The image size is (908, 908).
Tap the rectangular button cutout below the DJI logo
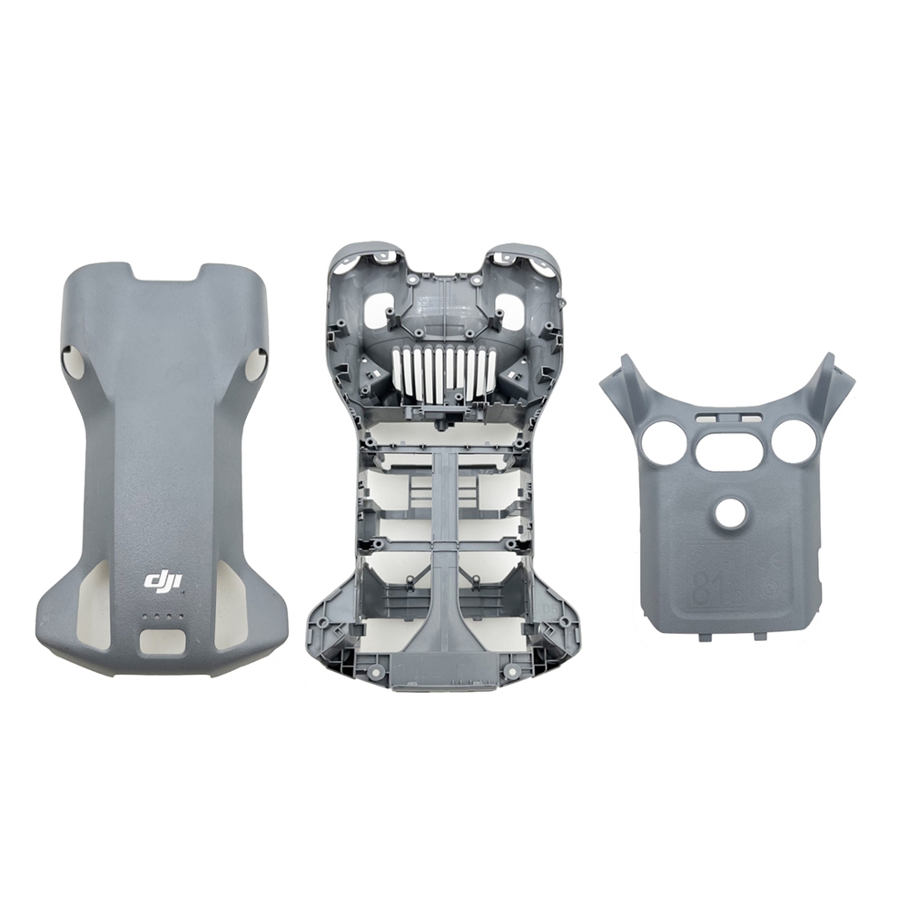pos(163,641)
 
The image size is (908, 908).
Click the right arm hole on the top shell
pos(256,365)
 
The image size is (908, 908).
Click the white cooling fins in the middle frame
pos(445,373)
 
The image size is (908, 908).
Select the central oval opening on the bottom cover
pos(729,449)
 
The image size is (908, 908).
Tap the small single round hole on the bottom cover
pos(729,514)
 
